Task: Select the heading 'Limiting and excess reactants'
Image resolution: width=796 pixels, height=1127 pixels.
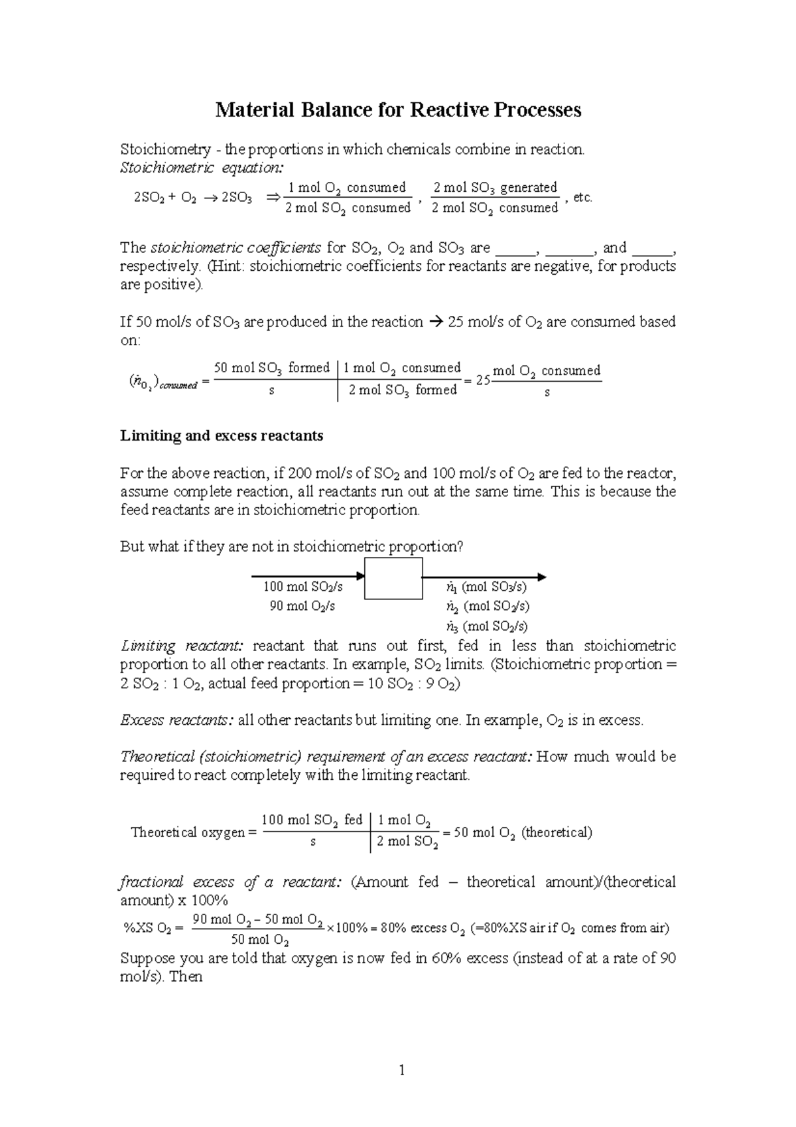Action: pyautogui.click(x=222, y=436)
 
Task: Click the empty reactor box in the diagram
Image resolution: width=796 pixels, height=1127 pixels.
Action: pyautogui.click(x=393, y=578)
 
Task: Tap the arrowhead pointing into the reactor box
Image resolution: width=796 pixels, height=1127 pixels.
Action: pyautogui.click(x=361, y=576)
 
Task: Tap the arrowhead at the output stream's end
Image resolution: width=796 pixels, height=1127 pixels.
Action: pyautogui.click(x=542, y=577)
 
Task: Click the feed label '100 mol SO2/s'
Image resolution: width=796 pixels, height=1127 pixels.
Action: pyautogui.click(x=302, y=587)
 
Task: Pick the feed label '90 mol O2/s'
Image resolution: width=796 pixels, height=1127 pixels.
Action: pyautogui.click(x=302, y=606)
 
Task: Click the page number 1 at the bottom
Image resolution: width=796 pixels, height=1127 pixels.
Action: pyautogui.click(x=401, y=1069)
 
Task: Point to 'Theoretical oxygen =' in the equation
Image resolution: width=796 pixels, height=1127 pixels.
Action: pyautogui.click(x=193, y=832)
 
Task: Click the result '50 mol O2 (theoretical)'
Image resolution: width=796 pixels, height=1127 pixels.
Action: pyautogui.click(x=523, y=832)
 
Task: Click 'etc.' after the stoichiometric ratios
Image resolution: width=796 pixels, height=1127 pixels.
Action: pyautogui.click(x=582, y=198)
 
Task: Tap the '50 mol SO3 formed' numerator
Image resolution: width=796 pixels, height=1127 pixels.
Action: pyautogui.click(x=272, y=368)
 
